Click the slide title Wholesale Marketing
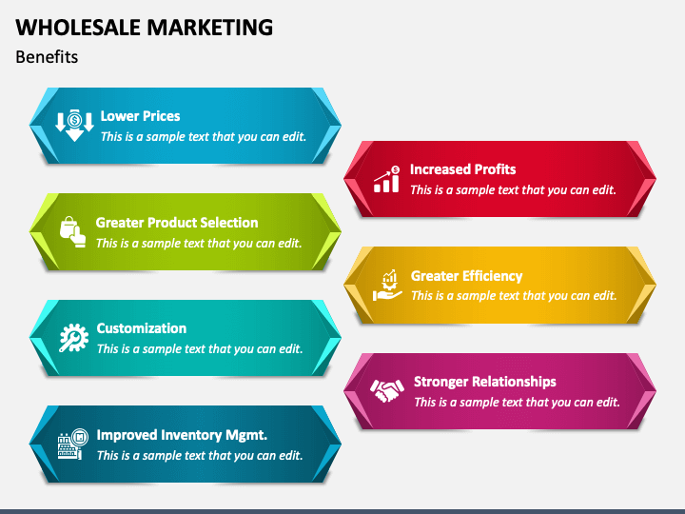[145, 27]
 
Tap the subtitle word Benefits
[47, 57]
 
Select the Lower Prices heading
[140, 116]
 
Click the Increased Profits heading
[462, 169]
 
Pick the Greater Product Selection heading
[177, 223]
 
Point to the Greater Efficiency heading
[466, 276]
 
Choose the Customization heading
[141, 328]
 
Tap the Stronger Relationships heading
[484, 382]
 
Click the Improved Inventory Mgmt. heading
[182, 435]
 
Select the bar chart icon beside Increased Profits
[386, 179]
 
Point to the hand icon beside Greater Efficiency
[387, 286]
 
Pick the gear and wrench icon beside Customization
[73, 338]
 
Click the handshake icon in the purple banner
[387, 391]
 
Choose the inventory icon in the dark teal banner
[72, 445]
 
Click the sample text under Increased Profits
[513, 189]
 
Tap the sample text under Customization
[199, 348]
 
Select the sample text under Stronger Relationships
[517, 402]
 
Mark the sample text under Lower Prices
[204, 136]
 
